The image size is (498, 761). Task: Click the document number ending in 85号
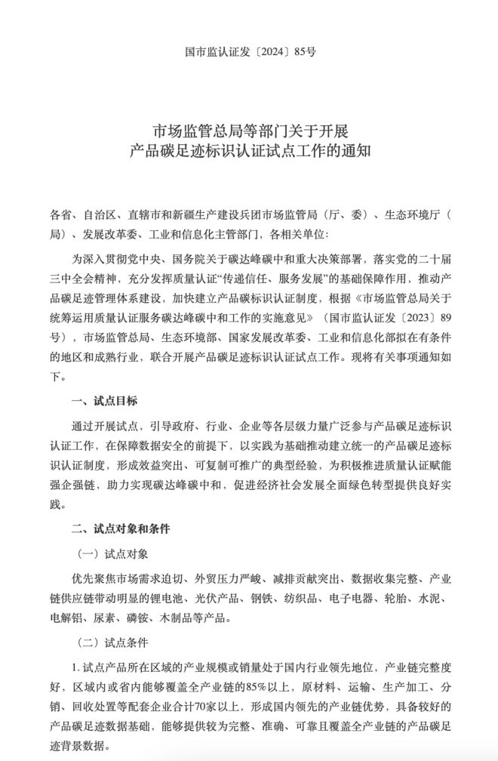click(x=250, y=53)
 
